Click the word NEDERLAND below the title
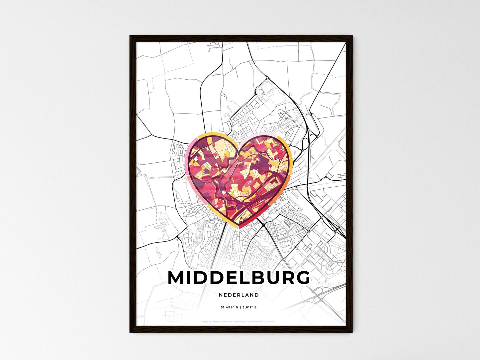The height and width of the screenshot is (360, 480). tap(239, 295)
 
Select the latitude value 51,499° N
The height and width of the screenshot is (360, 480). tap(229, 308)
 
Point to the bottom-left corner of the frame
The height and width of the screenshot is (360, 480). tap(131, 332)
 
